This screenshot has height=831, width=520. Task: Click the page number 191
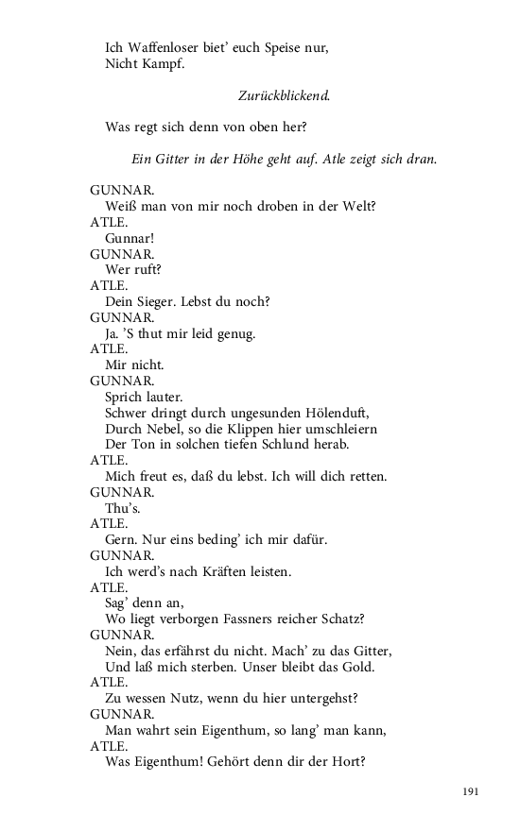click(x=471, y=790)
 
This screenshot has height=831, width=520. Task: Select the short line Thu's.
click(x=121, y=507)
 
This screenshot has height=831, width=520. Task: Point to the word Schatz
click(x=345, y=619)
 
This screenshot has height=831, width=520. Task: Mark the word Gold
click(x=355, y=667)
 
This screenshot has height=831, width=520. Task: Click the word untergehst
click(x=323, y=698)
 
